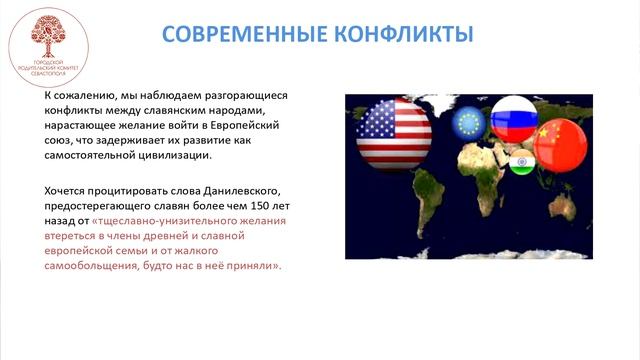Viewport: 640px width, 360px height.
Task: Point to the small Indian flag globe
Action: click(520, 162)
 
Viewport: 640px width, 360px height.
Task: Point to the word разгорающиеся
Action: click(244, 96)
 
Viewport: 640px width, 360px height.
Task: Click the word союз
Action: click(60, 141)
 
